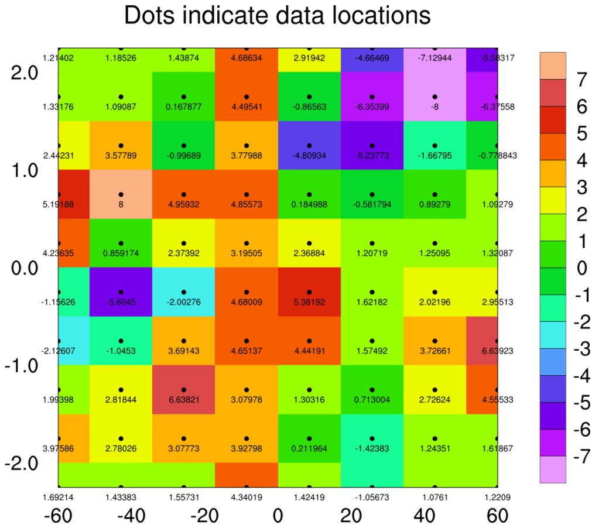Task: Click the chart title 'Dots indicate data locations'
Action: point(278,16)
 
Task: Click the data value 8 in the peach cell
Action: point(121,204)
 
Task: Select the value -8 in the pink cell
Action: point(434,107)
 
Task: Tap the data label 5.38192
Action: point(309,302)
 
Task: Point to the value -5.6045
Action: point(121,302)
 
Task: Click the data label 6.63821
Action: point(184,400)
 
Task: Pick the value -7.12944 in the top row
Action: point(434,58)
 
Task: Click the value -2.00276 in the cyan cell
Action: point(184,302)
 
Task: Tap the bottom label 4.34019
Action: point(246,498)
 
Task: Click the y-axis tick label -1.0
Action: point(22,366)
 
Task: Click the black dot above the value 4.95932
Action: point(184,194)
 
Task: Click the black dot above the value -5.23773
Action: point(371,145)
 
